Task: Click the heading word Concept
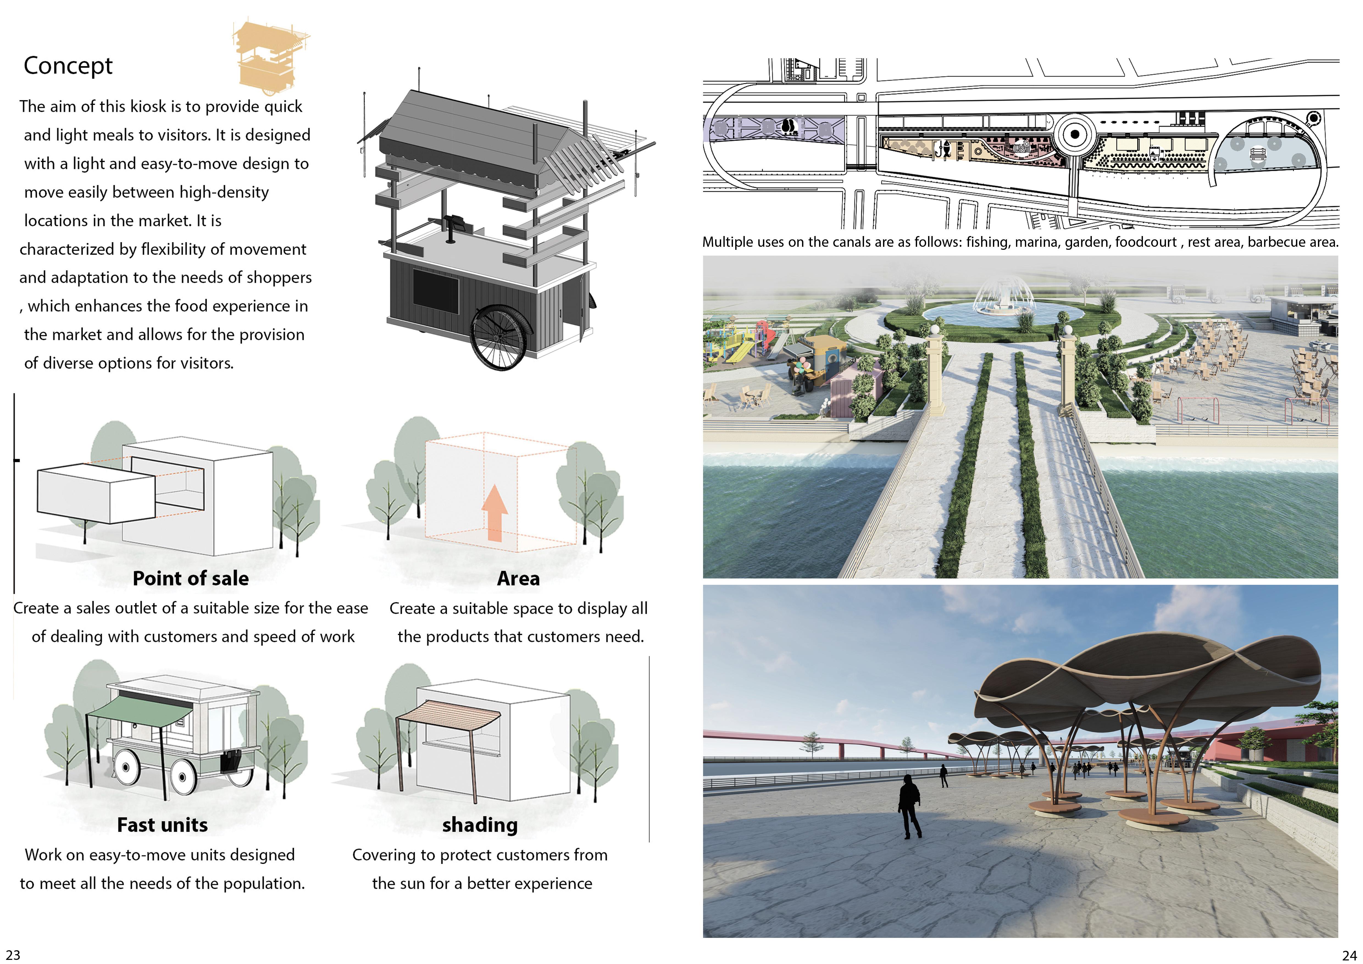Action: coord(68,65)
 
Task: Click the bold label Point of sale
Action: coord(191,578)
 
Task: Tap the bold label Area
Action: coord(518,578)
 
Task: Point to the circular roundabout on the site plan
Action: coord(1075,134)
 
